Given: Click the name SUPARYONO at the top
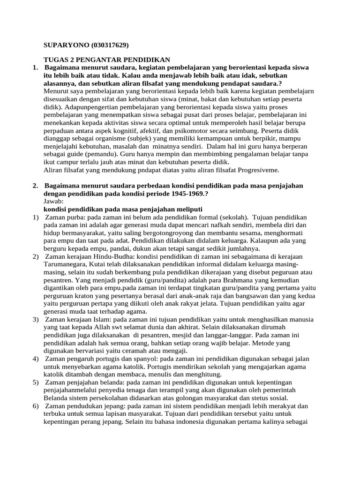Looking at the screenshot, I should tap(63, 45).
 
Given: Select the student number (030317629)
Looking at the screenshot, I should tap(106, 45).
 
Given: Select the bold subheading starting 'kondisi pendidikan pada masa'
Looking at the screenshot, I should tap(123, 209).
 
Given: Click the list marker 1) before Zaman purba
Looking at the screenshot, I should tap(36, 217).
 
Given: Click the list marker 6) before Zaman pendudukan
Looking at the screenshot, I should tap(36, 406).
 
